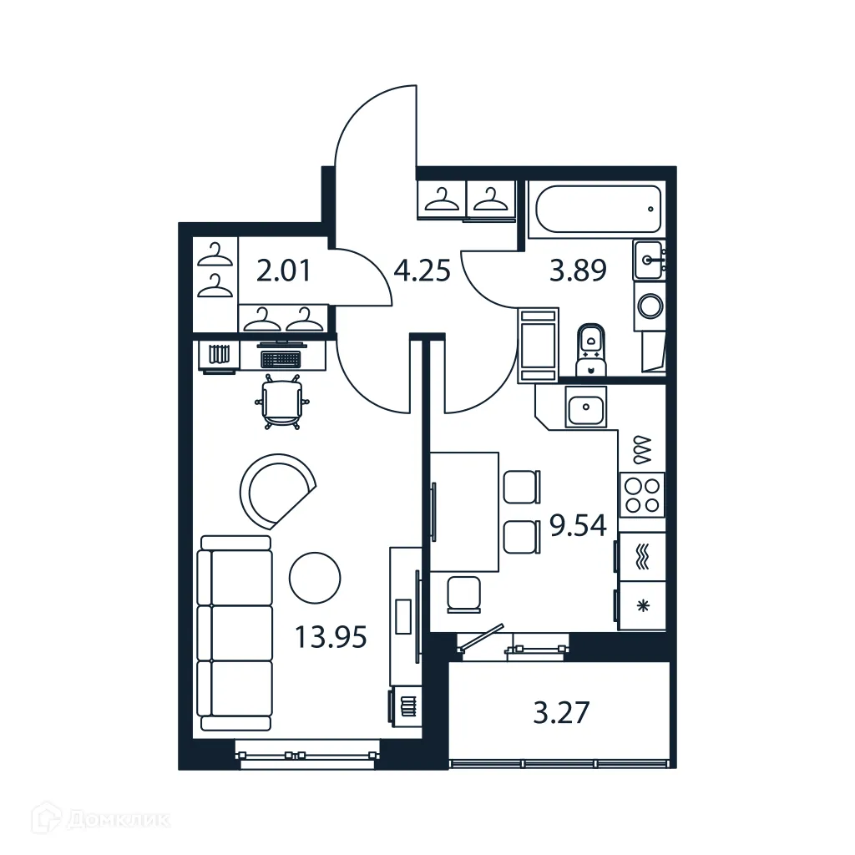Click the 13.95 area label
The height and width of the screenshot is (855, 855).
(x=331, y=638)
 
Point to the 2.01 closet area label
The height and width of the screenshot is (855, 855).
(x=284, y=271)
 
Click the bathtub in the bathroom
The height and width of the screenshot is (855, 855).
(x=598, y=210)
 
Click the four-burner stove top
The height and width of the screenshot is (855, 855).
(x=641, y=494)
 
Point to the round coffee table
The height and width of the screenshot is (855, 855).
(x=315, y=576)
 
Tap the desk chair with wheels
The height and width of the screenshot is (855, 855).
(x=282, y=402)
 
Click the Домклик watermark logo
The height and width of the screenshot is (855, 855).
(x=100, y=818)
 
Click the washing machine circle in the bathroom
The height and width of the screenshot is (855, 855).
(x=650, y=305)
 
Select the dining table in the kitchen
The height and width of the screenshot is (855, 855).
(x=464, y=511)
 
